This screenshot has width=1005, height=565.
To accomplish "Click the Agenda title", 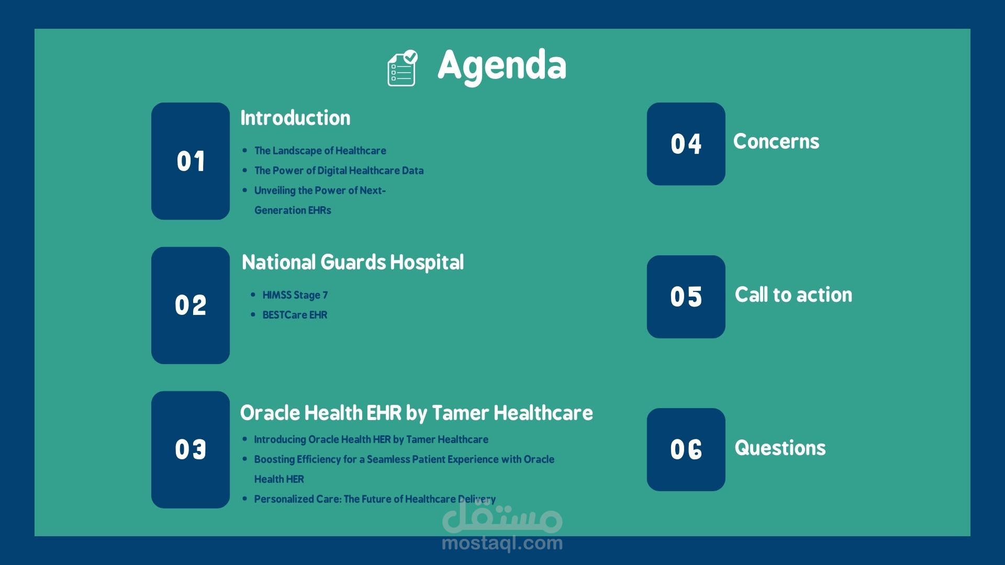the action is click(502, 66).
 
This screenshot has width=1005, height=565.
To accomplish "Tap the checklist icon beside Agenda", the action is click(402, 69).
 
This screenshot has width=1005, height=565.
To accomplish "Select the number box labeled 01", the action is click(191, 161).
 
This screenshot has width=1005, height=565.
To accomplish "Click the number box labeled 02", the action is click(191, 306).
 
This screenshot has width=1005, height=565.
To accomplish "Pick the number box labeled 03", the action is click(191, 450).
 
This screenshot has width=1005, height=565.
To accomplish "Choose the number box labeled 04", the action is click(686, 144).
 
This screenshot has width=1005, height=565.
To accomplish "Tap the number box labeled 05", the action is click(686, 297).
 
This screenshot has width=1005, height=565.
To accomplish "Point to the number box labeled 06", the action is click(686, 449).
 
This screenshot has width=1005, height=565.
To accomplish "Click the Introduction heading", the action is click(295, 118).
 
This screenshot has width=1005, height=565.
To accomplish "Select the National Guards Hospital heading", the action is click(353, 263).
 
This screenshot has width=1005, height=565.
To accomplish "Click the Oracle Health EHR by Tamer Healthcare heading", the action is click(417, 413).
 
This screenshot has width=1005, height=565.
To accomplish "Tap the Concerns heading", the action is click(776, 141).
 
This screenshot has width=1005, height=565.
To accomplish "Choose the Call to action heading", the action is click(794, 295).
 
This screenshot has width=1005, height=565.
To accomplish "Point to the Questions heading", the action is click(780, 448).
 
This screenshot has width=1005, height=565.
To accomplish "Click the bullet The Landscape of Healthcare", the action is click(320, 151).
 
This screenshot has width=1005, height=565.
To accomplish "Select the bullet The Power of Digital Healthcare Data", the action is click(339, 171).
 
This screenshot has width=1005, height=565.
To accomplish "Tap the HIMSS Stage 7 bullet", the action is click(295, 295).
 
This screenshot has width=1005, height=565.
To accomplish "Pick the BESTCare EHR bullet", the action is click(295, 315).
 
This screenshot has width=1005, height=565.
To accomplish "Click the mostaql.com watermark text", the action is click(502, 543).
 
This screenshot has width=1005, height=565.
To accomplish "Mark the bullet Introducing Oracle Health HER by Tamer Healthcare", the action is click(371, 439).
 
